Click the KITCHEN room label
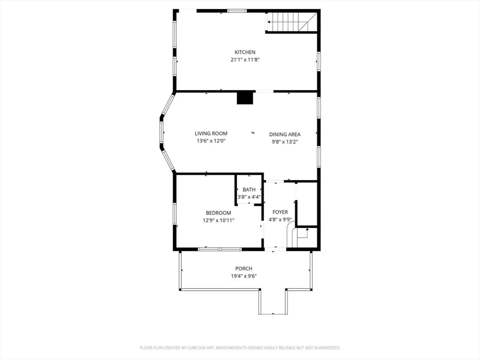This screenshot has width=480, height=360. point(245,52)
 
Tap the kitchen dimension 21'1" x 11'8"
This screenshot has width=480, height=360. point(245,60)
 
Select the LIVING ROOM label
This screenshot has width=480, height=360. point(211,134)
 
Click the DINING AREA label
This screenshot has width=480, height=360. point(285,135)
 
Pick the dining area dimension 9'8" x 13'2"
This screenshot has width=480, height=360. point(285,142)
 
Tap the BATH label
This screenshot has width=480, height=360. point(249,190)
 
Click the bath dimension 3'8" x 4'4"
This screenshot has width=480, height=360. point(249,197)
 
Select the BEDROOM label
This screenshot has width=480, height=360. point(218,213)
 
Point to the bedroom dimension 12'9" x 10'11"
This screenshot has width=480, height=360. point(218,220)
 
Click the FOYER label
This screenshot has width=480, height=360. point(280,212)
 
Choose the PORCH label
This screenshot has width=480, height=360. point(244,269)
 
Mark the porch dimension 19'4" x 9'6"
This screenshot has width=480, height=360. point(244,276)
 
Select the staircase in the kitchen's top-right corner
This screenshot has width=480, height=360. point(292,22)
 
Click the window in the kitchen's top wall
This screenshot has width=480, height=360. point(237,10)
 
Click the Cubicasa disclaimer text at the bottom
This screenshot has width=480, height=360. point(240,348)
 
